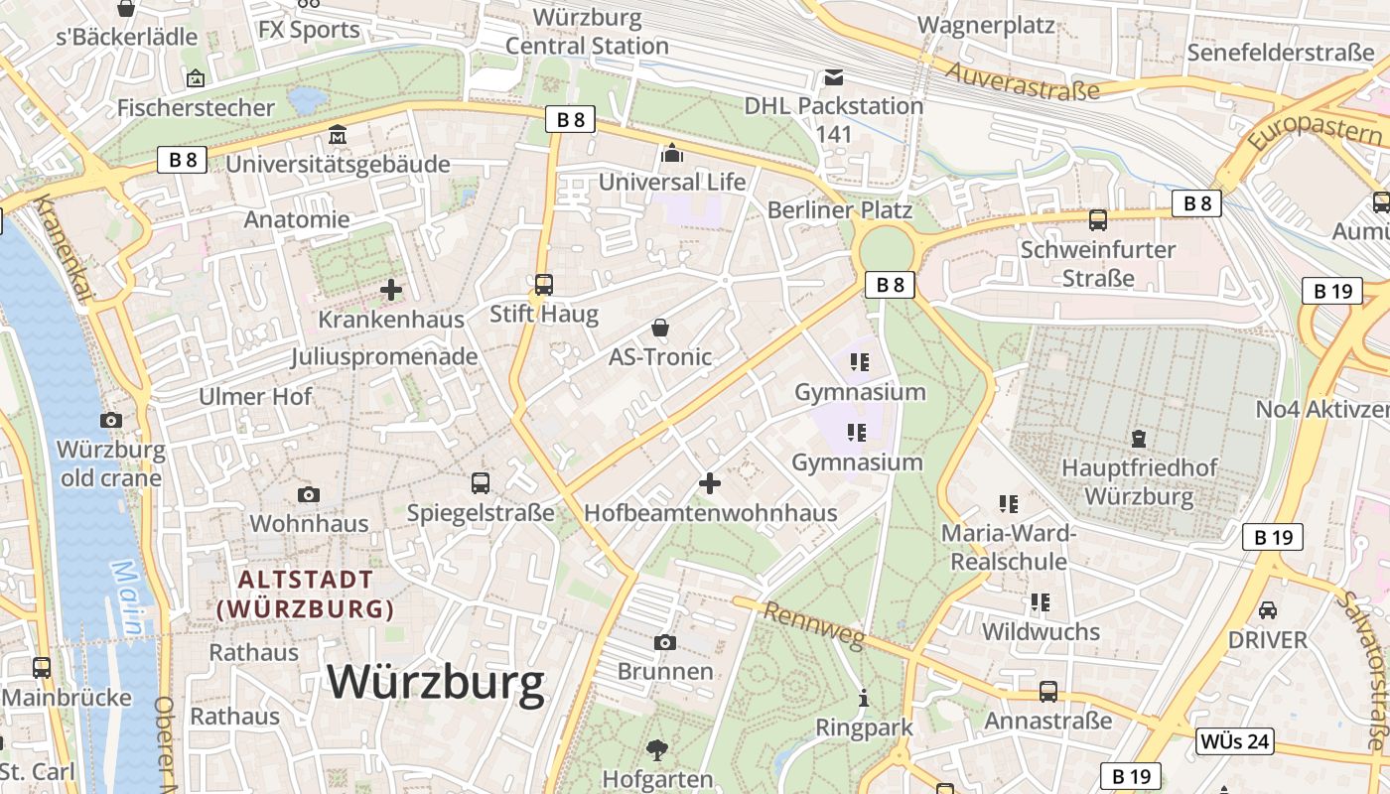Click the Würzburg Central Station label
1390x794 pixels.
tap(587, 32)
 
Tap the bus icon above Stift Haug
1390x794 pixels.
tap(543, 285)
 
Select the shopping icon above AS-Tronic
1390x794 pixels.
tap(660, 328)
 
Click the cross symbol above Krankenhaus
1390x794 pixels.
tap(391, 290)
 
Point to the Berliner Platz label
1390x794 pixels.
tap(839, 210)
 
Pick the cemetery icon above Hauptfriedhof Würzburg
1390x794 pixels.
tap(1138, 438)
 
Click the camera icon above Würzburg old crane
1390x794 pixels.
tap(110, 420)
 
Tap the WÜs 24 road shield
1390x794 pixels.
tap(1235, 741)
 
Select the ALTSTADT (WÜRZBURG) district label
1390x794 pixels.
tap(306, 594)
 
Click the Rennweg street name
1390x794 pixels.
tap(800, 626)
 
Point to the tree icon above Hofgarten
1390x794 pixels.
tap(656, 749)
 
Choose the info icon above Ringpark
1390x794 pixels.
tap(864, 698)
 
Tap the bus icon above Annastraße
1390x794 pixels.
tap(1047, 691)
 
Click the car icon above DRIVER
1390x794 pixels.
tap(1267, 609)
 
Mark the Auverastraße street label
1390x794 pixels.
tap(1023, 81)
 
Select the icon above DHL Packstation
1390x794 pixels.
tap(833, 76)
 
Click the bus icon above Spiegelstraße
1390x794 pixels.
tap(481, 483)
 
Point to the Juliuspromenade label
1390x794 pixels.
tap(384, 356)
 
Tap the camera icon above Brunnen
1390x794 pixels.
tap(665, 642)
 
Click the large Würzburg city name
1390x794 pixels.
tap(450, 682)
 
